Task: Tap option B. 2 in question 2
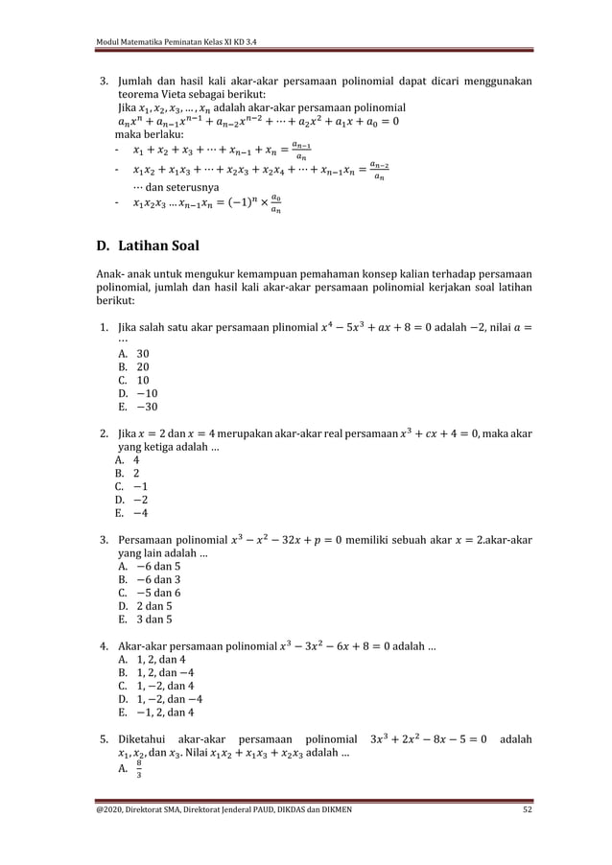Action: (129, 473)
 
